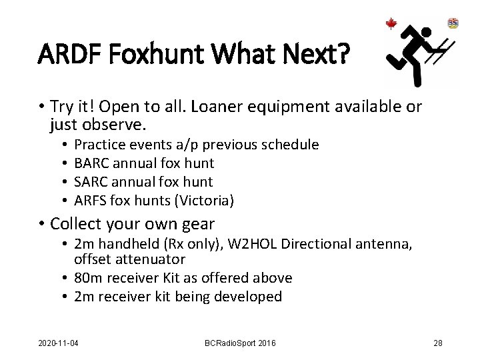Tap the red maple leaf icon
coord(391,25)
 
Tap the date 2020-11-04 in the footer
coord(58,343)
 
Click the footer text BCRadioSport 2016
coord(240,343)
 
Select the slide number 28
coord(437,343)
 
